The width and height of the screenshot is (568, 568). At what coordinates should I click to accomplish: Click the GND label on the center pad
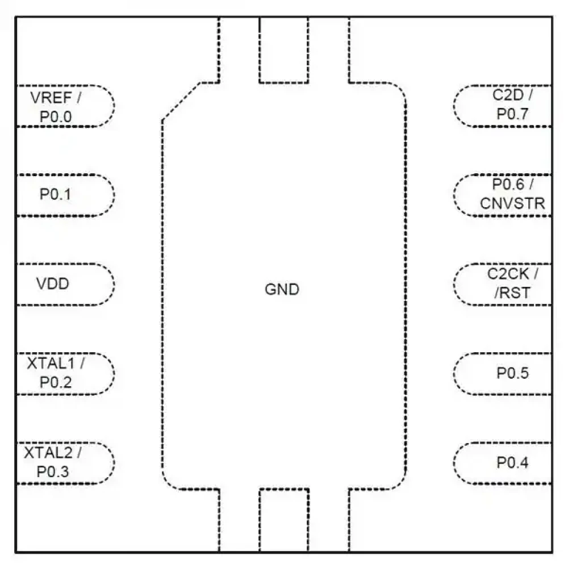pyautogui.click(x=282, y=290)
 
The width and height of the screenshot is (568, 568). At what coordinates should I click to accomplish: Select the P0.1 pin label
pyautogui.click(x=56, y=194)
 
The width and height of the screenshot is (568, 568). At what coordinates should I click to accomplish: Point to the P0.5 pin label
pyautogui.click(x=512, y=373)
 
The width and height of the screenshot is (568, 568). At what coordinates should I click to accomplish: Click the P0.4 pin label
pyautogui.click(x=512, y=463)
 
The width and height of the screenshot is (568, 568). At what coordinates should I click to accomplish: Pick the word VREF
pyautogui.click(x=49, y=97)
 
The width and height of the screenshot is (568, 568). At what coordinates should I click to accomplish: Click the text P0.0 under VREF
pyautogui.click(x=56, y=117)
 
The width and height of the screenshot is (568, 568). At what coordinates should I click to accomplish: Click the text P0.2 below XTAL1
pyautogui.click(x=56, y=382)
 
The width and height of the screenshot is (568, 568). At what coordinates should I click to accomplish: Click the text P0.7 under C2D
pyautogui.click(x=512, y=114)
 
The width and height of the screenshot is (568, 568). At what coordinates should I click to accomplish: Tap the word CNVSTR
pyautogui.click(x=512, y=203)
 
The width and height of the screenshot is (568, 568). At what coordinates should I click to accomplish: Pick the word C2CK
pyautogui.click(x=508, y=274)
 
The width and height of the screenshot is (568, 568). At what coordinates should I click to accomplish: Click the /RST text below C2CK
pyautogui.click(x=512, y=294)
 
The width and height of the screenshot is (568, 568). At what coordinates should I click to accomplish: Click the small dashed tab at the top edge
pyautogui.click(x=283, y=50)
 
